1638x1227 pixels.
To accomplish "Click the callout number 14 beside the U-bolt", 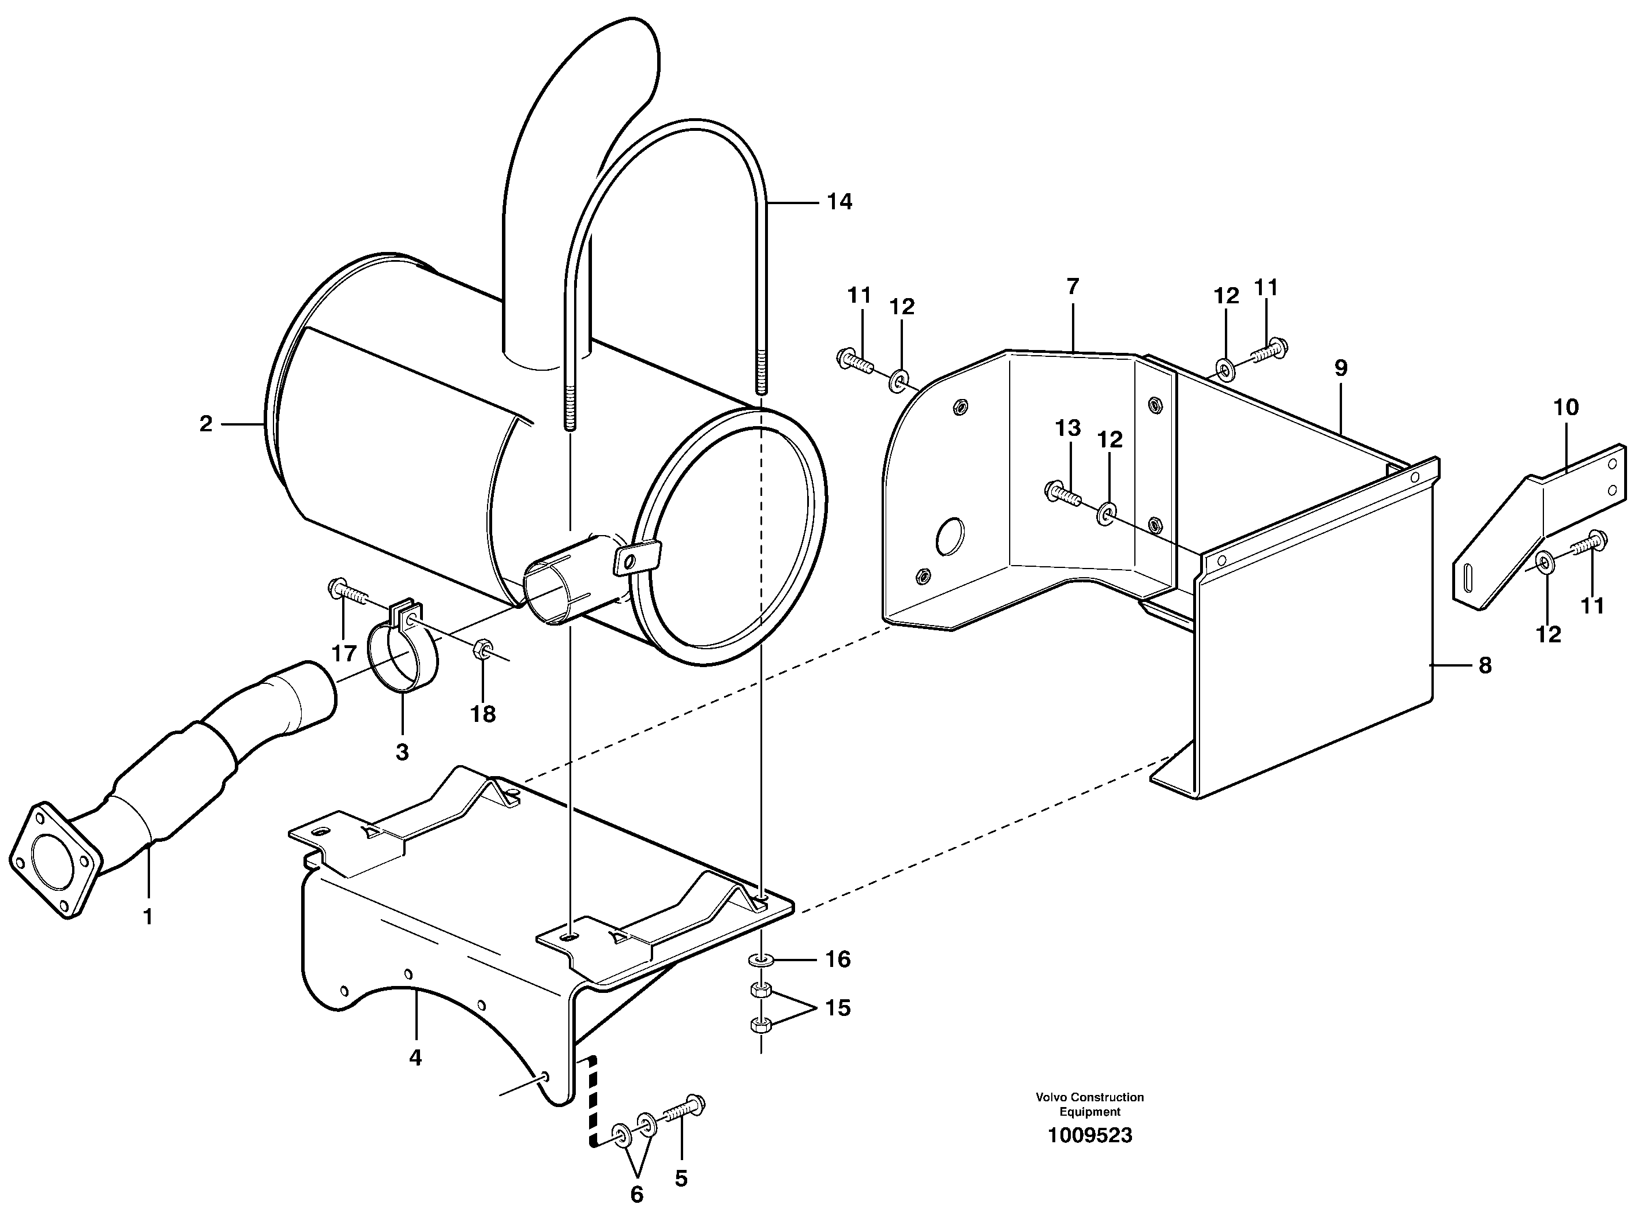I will [839, 201].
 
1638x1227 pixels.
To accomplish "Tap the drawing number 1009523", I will [1089, 1135].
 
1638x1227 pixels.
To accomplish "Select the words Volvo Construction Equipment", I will [1089, 1104].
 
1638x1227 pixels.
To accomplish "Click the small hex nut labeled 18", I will [479, 650].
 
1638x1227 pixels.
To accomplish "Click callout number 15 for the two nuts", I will [838, 1008].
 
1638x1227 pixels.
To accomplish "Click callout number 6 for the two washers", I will [637, 1194].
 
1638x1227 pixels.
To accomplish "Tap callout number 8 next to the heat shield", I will [1485, 666].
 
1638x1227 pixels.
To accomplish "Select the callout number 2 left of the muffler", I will [206, 424].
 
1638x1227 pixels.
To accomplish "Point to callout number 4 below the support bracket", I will [415, 1057].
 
